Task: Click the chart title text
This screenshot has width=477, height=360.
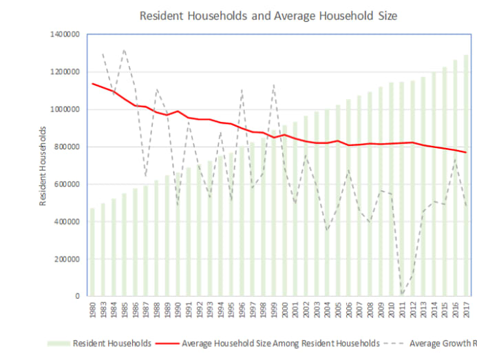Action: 268,14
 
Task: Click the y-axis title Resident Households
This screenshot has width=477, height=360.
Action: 43,166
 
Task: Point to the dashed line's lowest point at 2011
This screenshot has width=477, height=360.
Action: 402,295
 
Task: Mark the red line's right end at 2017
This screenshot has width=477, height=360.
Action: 466,152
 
